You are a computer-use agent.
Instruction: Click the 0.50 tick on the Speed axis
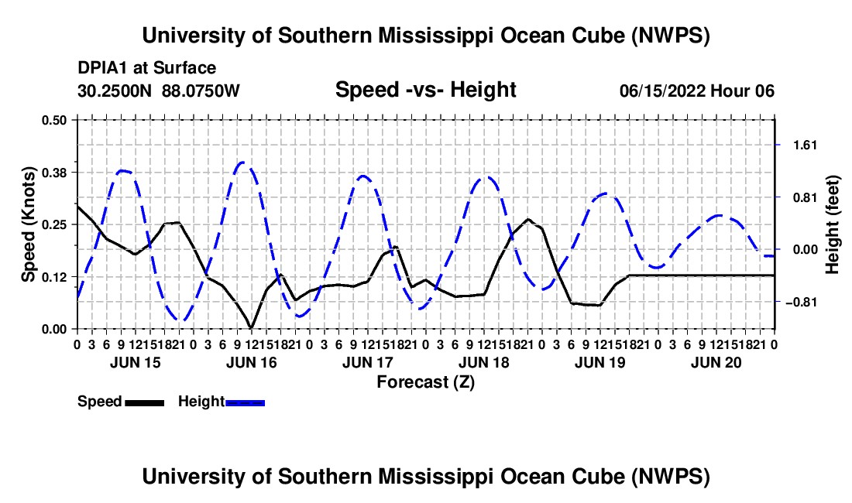53,120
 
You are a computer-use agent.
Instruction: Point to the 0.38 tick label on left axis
53,173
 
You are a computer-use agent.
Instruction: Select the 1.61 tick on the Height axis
805,145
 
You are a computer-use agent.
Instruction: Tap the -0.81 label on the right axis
801,302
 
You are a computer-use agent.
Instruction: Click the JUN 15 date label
136,362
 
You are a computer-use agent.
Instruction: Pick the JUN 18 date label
483,362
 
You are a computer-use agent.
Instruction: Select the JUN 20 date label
716,362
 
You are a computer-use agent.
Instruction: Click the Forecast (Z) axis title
425,382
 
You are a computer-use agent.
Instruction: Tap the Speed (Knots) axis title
28,224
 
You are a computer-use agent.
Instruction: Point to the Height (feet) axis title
832,224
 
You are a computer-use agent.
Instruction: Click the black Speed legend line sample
145,402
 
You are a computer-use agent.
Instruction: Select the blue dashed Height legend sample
245,402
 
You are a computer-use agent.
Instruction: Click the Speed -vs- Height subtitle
425,90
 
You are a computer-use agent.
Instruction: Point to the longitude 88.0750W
201,91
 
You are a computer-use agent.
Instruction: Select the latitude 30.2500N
115,91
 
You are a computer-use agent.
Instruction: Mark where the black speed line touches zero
251,328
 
